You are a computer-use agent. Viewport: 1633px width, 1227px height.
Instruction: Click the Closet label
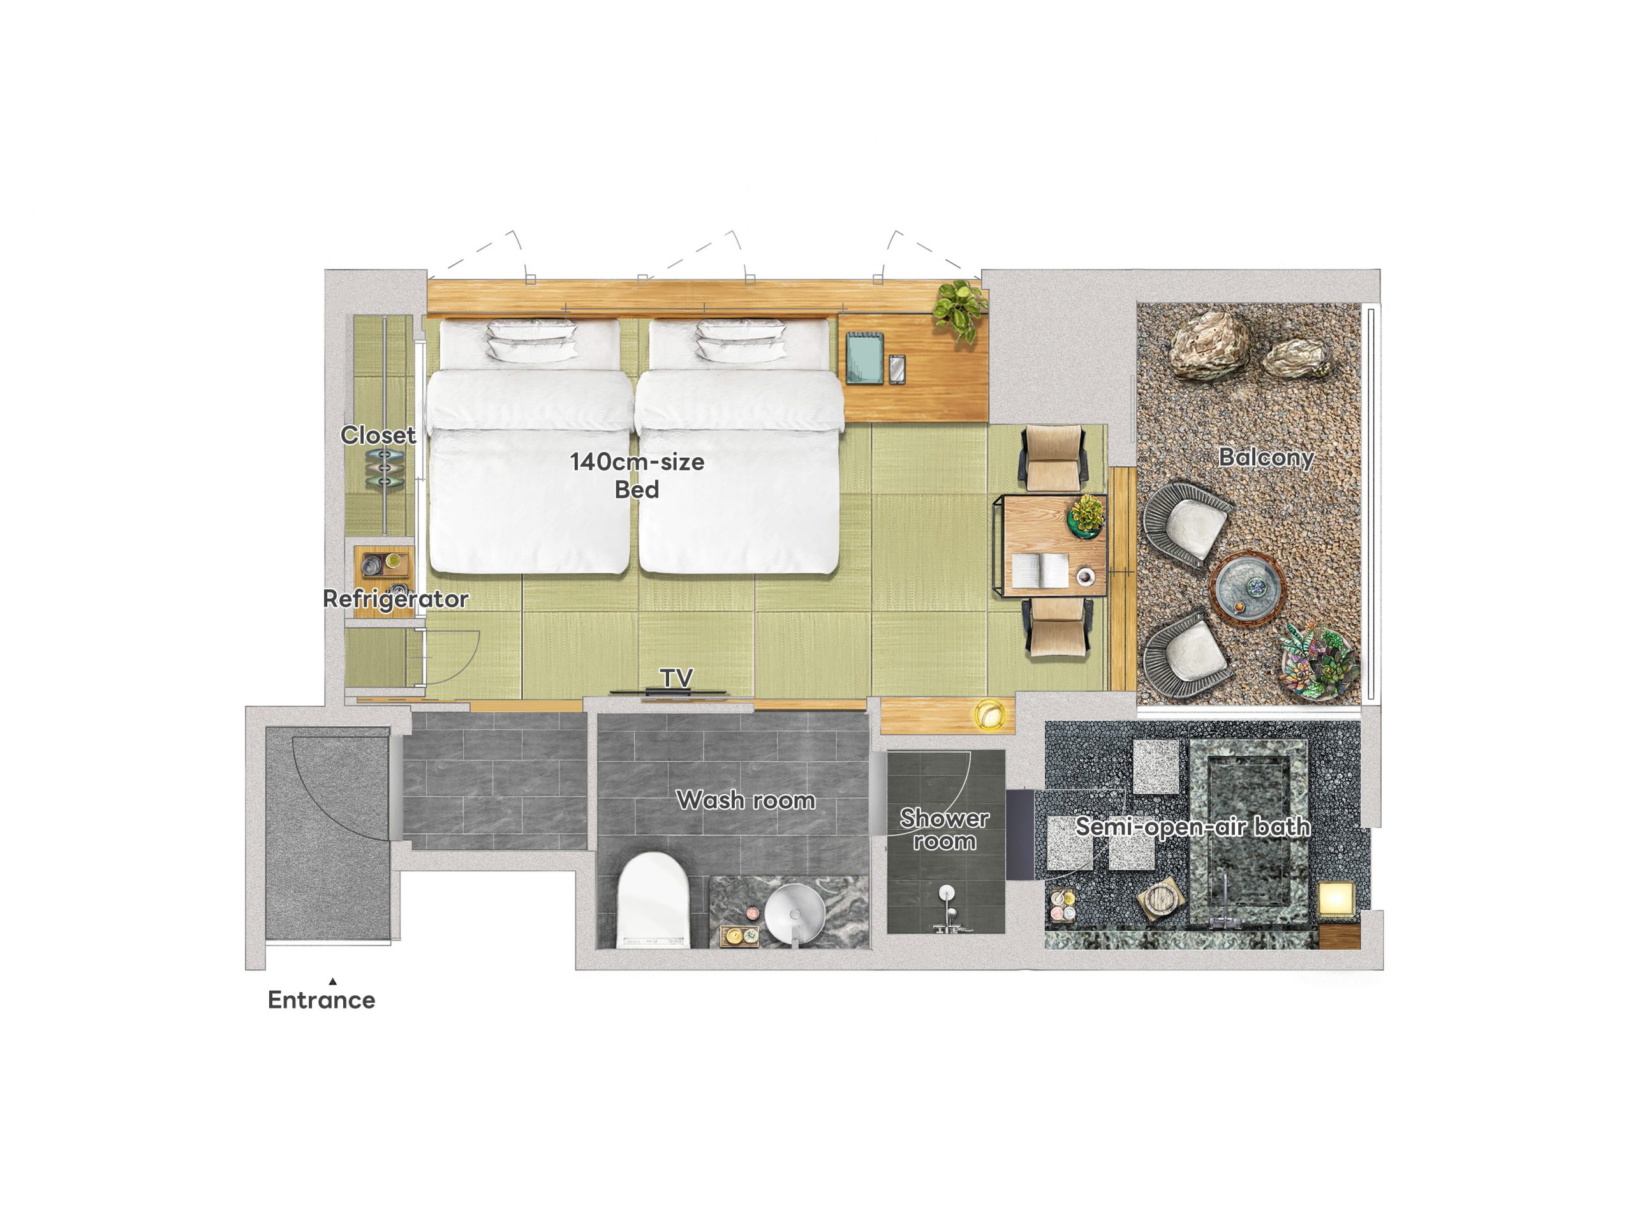pyautogui.click(x=378, y=435)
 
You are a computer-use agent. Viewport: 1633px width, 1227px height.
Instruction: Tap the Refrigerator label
pyautogui.click(x=395, y=598)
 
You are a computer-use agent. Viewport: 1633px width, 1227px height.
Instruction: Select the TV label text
pyautogui.click(x=676, y=677)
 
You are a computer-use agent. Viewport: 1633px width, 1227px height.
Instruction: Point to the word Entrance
pyautogui.click(x=321, y=1000)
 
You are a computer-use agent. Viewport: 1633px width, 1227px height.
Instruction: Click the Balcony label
pyautogui.click(x=1266, y=457)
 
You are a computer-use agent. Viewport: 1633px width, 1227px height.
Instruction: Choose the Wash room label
pyautogui.click(x=746, y=800)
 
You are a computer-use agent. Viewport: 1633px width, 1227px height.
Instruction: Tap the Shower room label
pyautogui.click(x=944, y=829)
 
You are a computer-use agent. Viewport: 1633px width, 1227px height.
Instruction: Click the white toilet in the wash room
pyautogui.click(x=653, y=900)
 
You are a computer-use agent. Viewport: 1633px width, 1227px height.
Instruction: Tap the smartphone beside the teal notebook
pyautogui.click(x=897, y=370)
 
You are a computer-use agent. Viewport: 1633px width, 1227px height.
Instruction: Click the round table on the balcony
pyautogui.click(x=1248, y=589)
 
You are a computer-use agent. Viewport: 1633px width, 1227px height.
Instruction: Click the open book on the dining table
pyautogui.click(x=1040, y=571)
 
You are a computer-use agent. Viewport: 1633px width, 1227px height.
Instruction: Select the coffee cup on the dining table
pyautogui.click(x=1085, y=575)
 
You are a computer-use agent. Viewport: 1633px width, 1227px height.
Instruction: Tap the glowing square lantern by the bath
pyautogui.click(x=1337, y=900)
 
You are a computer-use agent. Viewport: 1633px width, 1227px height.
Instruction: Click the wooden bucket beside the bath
pyautogui.click(x=1160, y=899)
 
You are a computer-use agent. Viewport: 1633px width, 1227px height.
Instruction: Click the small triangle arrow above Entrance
pyautogui.click(x=333, y=982)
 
